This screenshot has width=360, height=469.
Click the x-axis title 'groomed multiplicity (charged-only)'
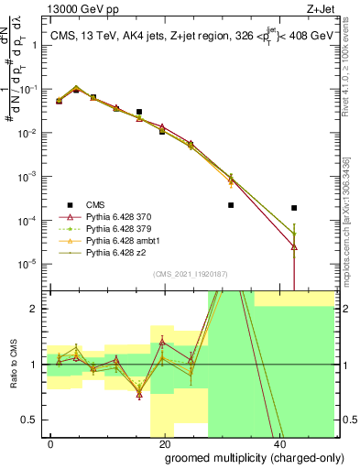(241, 456)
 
